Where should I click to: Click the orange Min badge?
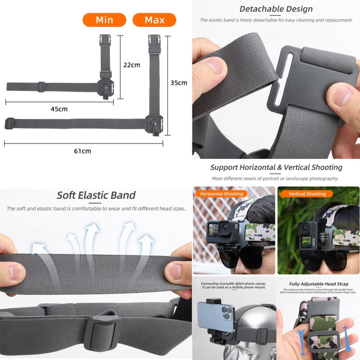[104, 20]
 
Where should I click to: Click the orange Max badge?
[154, 20]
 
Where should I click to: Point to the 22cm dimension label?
[132, 65]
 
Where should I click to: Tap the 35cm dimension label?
[179, 83]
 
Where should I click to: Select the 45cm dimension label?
[59, 109]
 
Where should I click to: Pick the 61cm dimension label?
[82, 151]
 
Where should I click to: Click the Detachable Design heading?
[276, 9]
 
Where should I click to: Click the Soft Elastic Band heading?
[96, 195]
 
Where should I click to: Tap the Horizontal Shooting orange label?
[221, 194]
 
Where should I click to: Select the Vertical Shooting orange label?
[307, 194]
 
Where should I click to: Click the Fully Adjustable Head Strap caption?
[319, 284]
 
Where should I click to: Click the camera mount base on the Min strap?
[106, 88]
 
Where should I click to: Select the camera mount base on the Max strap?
[155, 124]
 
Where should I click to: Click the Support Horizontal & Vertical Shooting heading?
[276, 168]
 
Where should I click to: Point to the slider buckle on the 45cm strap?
[41, 87]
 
